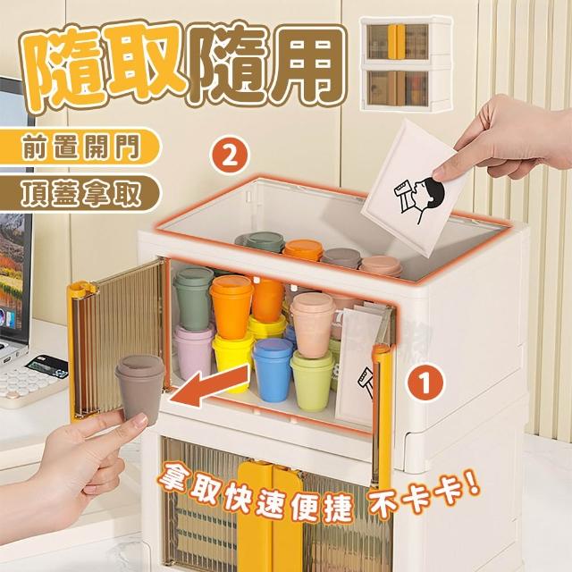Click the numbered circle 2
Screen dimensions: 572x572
[230, 157]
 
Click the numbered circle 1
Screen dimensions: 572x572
[425, 383]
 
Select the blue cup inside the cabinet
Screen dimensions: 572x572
[273, 369]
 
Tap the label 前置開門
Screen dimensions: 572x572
[80, 147]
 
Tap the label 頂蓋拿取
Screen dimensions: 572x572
[80, 194]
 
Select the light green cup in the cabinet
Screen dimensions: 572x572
[312, 381]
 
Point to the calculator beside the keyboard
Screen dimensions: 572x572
[46, 366]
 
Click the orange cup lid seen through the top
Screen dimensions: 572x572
[304, 249]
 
